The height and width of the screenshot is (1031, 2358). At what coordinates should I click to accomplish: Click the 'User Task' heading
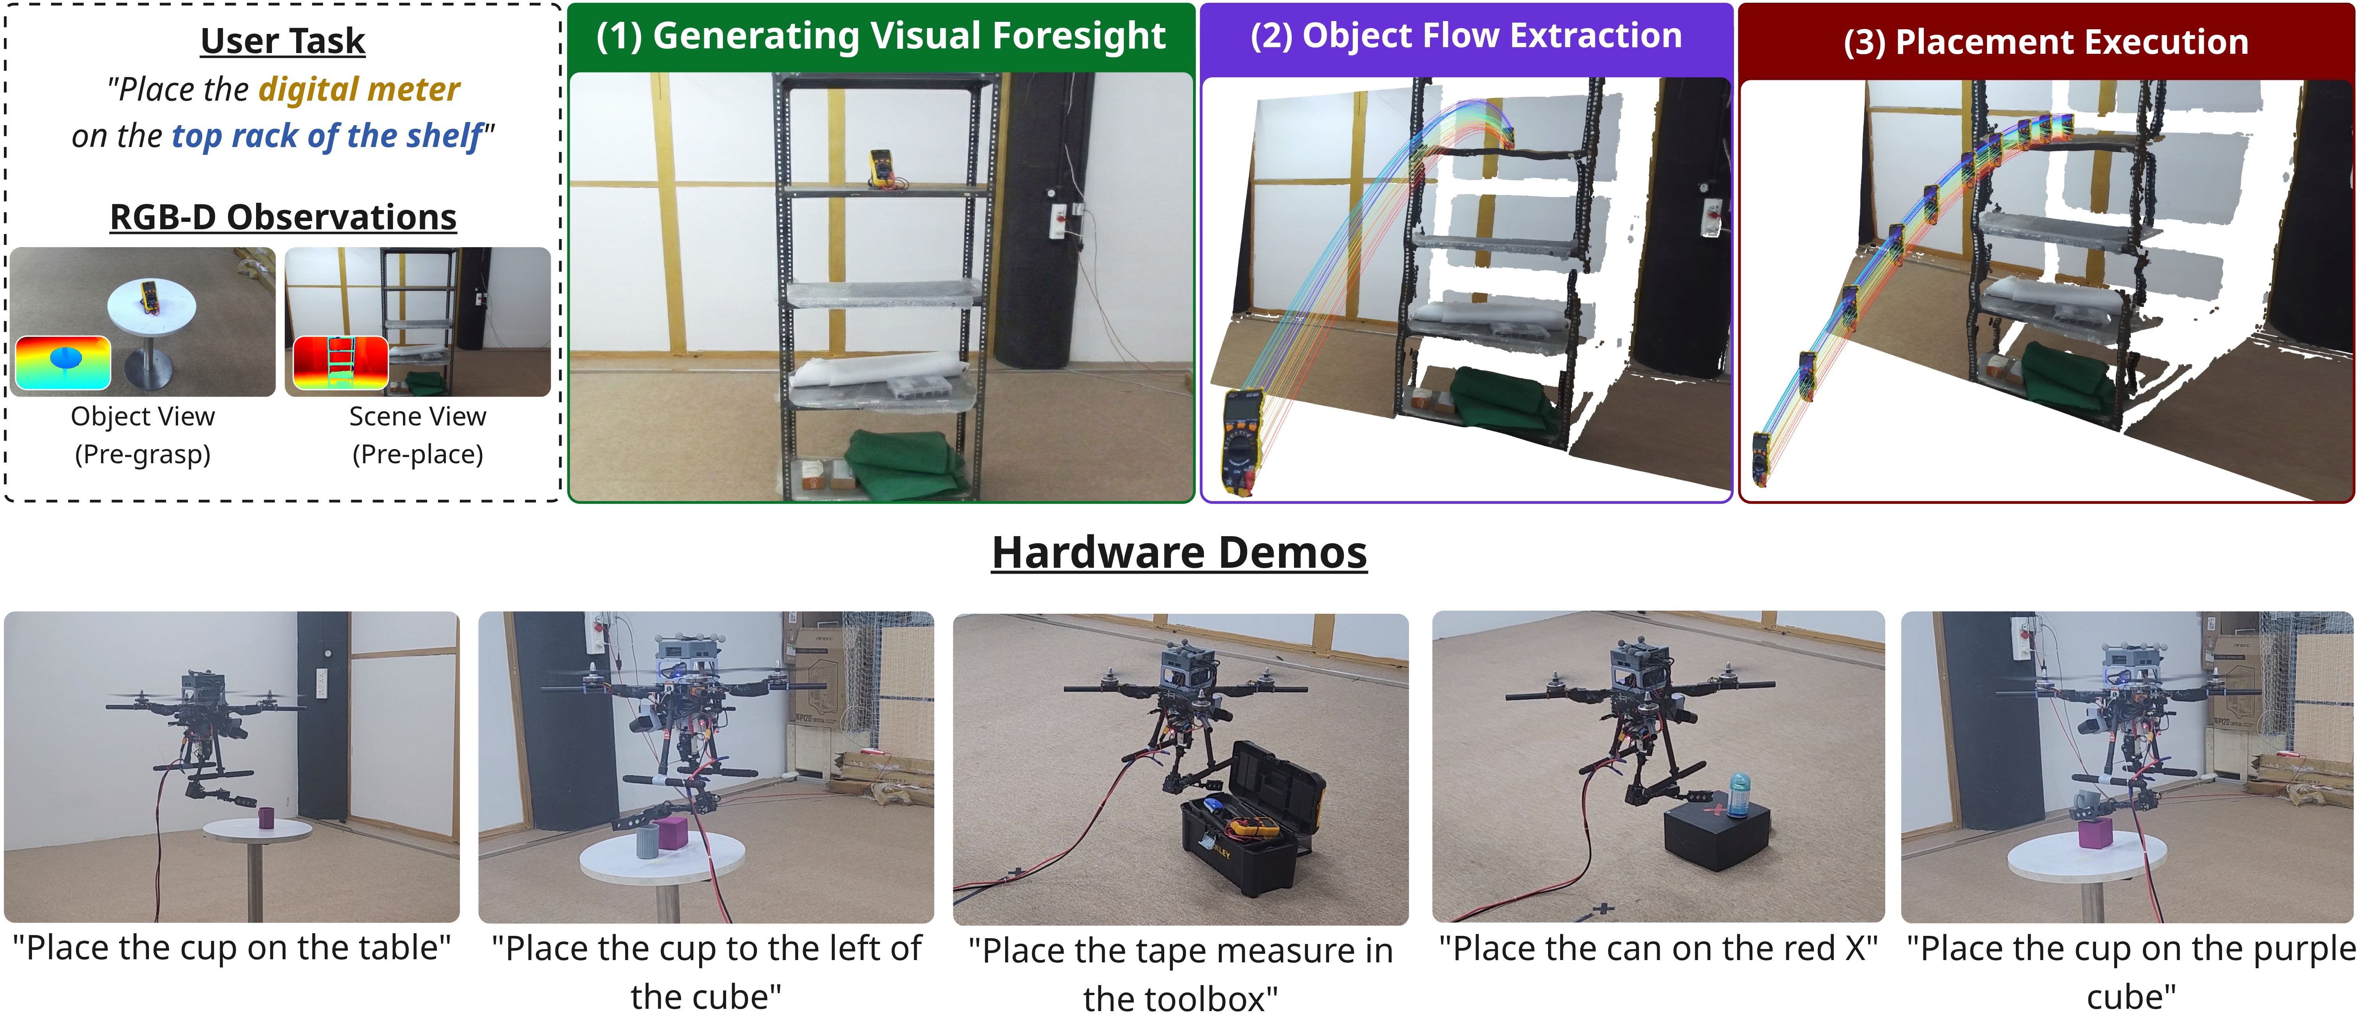coord(283,41)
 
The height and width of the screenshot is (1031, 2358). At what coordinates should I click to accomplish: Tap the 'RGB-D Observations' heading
coord(283,217)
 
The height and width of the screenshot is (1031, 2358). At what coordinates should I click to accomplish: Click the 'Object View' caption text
coord(143,416)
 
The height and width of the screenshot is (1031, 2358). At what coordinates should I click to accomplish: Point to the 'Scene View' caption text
coord(417,416)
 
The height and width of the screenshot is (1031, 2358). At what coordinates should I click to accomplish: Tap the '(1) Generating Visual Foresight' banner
coord(880,37)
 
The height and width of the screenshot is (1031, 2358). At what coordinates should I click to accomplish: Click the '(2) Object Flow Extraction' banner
coord(1466,37)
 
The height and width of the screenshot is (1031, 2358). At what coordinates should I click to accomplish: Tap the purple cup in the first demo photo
coord(266,818)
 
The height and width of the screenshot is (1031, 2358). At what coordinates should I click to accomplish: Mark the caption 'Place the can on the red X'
coord(1658,949)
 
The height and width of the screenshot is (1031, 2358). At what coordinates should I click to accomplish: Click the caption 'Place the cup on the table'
coord(232,949)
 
